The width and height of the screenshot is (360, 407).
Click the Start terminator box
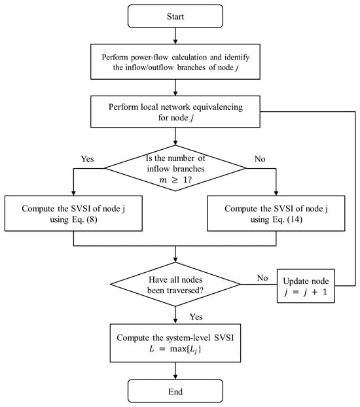coord(175,16)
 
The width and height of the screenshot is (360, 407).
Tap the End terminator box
coord(175,391)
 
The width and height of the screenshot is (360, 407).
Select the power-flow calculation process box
coord(175,62)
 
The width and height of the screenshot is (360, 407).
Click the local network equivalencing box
coord(175,112)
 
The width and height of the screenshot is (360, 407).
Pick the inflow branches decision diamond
coord(175,168)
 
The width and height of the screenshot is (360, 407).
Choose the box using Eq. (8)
coord(73,213)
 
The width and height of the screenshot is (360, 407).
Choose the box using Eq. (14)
coord(276,213)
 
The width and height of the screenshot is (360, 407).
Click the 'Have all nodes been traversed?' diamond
coord(175,284)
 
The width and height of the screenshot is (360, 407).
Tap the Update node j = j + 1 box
coord(306,286)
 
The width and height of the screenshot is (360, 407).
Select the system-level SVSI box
coord(175,343)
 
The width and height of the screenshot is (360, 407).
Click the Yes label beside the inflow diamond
coord(87,159)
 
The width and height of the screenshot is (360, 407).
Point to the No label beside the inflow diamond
coord(260,159)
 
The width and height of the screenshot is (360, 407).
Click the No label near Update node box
coord(262,278)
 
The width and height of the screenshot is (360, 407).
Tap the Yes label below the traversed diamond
coord(196,317)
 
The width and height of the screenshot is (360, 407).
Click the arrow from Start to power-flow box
coord(175,36)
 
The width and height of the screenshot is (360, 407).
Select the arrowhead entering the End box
coord(175,377)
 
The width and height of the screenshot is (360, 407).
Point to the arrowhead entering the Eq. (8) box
coord(73,194)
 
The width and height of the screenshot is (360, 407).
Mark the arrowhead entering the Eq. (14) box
coord(276,194)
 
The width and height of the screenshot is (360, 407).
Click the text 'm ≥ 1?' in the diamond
coord(175,180)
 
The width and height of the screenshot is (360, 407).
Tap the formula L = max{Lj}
coord(175,349)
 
